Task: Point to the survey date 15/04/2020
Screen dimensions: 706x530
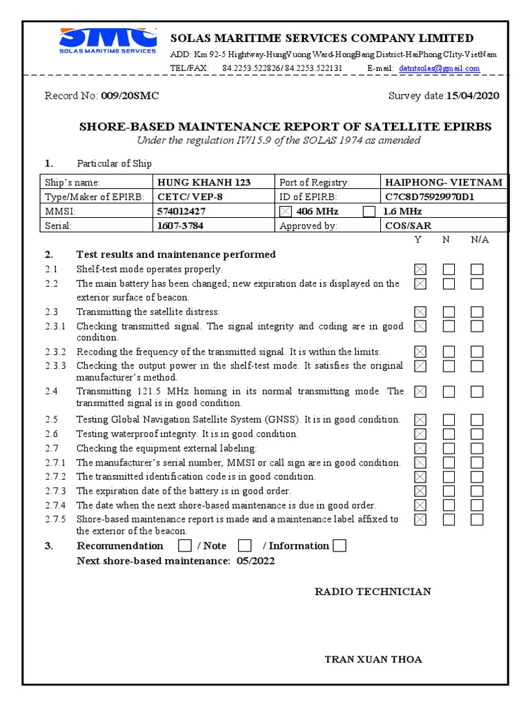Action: point(473,96)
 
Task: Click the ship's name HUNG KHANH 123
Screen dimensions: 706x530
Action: point(204,183)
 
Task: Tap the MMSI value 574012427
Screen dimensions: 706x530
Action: point(181,211)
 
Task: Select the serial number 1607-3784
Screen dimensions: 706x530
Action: point(181,225)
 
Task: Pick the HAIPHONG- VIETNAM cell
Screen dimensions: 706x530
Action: point(444,183)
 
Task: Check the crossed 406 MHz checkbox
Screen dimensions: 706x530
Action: point(286,211)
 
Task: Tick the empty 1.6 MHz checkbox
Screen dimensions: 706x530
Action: point(369,211)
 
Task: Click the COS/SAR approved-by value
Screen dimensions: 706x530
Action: point(408,225)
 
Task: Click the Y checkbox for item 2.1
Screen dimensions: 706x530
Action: point(420,270)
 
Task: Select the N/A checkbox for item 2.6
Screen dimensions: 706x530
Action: point(477,434)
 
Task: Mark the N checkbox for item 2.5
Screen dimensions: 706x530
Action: point(449,420)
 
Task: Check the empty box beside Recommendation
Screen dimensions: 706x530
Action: point(184,546)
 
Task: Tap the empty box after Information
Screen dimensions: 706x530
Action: point(339,546)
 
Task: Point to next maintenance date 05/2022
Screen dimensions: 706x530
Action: point(255,561)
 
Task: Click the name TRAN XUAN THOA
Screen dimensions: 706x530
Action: point(373,660)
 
